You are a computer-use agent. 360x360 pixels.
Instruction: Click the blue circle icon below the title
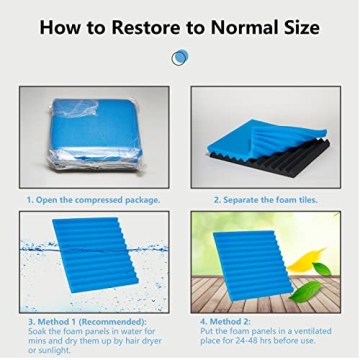click(179, 58)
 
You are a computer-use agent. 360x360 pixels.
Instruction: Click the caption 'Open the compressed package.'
click(95, 199)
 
